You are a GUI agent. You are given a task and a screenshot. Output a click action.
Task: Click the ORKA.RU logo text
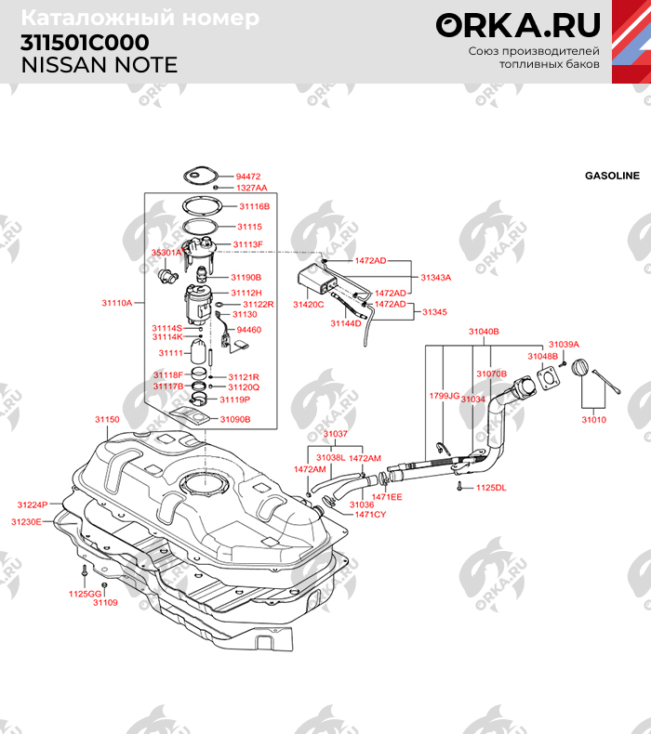[518, 25]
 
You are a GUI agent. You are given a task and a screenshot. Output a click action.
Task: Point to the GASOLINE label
[612, 175]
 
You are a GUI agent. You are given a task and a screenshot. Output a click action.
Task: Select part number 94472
[248, 176]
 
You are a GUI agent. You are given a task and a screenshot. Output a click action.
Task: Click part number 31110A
[117, 303]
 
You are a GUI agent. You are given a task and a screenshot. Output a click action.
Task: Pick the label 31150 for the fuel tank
[107, 420]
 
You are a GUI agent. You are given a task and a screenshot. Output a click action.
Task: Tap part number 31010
[593, 420]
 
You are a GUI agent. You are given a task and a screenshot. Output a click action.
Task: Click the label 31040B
[484, 331]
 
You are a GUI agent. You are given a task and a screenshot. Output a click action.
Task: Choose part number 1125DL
[490, 487]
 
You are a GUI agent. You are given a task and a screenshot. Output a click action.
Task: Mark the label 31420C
[308, 304]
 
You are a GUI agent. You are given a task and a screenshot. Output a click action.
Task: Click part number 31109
[105, 602]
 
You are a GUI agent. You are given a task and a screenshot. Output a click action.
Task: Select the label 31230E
[26, 522]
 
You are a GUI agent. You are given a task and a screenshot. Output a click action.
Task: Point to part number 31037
[335, 434]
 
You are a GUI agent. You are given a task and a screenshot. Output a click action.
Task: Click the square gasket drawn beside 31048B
[550, 380]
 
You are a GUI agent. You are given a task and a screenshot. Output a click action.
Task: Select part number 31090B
[235, 419]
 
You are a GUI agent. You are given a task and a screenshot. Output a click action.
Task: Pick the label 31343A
[435, 277]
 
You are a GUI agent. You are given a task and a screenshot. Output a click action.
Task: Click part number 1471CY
[370, 514]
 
